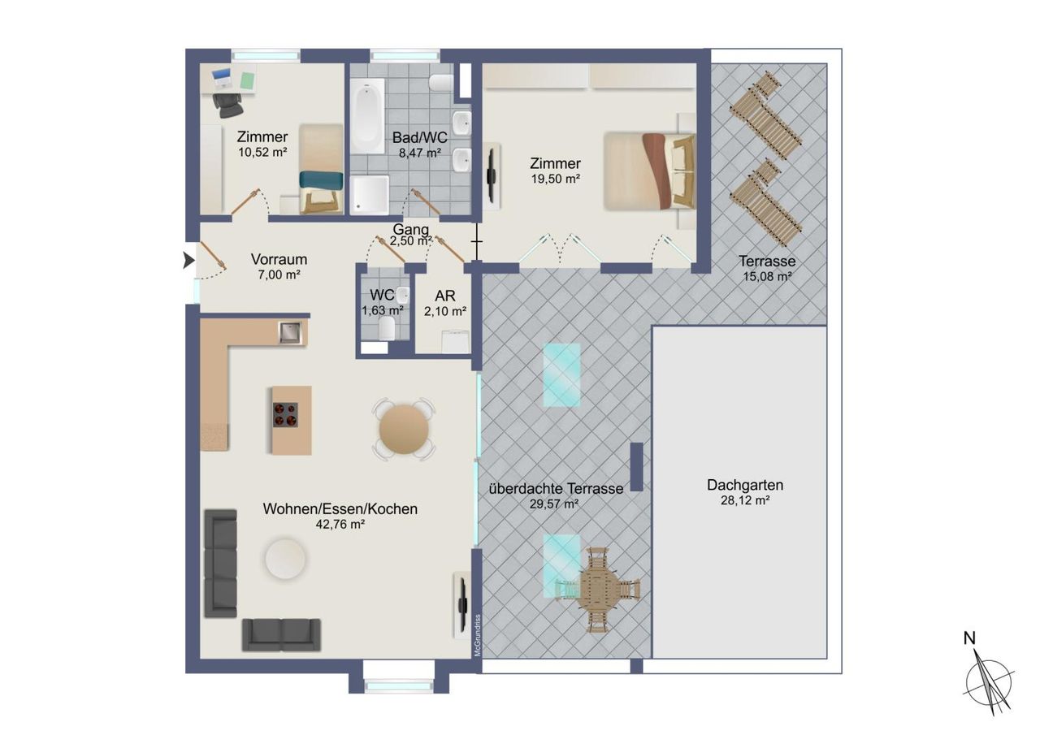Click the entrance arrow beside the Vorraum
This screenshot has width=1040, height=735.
point(188,261)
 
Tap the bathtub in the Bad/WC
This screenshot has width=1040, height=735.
point(366,116)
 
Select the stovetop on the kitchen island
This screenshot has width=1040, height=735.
point(285,415)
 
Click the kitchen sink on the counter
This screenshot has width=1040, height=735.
point(290,333)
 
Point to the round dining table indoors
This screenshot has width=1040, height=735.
point(404,429)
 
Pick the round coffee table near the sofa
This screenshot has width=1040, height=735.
point(285,558)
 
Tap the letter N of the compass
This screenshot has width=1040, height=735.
point(969,639)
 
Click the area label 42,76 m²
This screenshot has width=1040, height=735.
point(340,525)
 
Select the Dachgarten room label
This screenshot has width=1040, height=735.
point(745,485)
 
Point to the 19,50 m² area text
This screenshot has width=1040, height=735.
point(555,179)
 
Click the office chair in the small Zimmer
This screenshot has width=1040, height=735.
point(228,106)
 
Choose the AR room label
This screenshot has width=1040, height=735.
point(445,296)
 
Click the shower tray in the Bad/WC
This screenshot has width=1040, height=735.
point(370,195)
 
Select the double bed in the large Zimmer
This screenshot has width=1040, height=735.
point(649,171)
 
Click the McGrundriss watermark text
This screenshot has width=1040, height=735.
point(477,635)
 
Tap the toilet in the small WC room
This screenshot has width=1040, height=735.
point(386,329)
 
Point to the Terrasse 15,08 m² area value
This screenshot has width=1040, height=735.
point(767,277)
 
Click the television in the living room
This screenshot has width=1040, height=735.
point(463,604)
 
